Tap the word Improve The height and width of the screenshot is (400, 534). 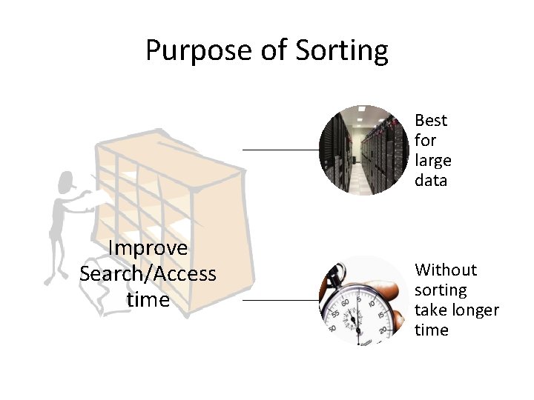(148, 247)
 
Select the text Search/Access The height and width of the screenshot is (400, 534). (148, 274)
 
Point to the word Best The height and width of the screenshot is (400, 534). (430, 120)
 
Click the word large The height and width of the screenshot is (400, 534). (432, 160)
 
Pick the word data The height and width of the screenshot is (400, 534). (431, 180)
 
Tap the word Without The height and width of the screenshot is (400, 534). (446, 270)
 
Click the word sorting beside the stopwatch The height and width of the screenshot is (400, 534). (441, 290)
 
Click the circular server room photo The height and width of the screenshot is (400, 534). (363, 150)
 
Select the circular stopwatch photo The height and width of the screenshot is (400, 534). (363, 300)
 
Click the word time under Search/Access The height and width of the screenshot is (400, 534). (148, 301)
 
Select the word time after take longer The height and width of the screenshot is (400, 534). (432, 330)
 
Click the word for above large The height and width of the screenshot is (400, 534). (425, 140)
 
